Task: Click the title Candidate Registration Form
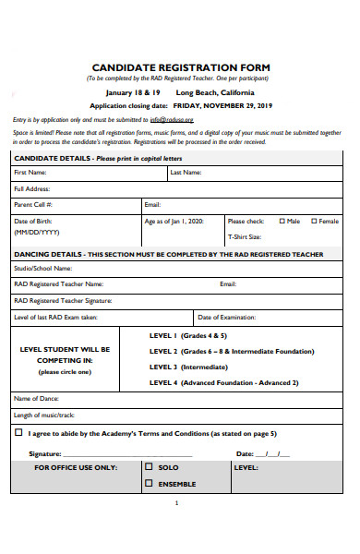click(x=179, y=67)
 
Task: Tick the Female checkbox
click(x=315, y=222)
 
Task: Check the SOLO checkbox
click(x=148, y=468)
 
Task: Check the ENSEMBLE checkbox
click(x=148, y=484)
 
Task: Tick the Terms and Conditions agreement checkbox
click(x=18, y=432)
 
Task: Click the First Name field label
click(x=30, y=173)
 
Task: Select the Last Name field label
click(x=181, y=173)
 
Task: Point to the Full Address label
click(x=32, y=188)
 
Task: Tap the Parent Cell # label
click(x=33, y=204)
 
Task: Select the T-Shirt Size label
click(x=245, y=237)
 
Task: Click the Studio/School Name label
click(x=42, y=269)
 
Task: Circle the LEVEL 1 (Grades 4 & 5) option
click(x=187, y=336)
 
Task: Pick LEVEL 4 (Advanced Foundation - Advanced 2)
click(x=223, y=381)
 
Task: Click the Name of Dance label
click(x=36, y=398)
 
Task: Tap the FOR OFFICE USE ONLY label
click(x=76, y=468)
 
